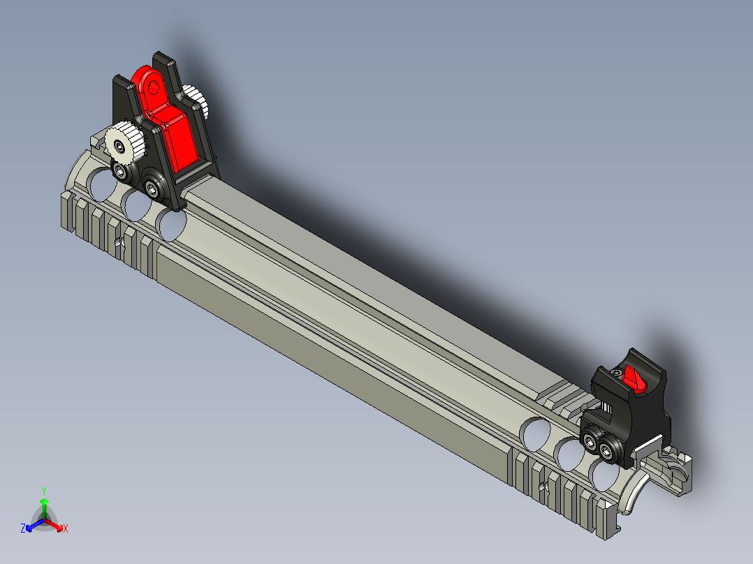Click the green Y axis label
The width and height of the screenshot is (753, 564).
click(43, 490)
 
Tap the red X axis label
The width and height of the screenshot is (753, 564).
click(66, 529)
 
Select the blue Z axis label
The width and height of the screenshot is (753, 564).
click(23, 529)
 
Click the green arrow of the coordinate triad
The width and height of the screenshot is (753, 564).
click(43, 504)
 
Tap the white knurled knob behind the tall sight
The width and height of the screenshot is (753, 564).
click(196, 101)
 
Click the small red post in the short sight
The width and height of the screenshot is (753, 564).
click(635, 378)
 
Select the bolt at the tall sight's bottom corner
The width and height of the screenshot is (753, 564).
click(152, 186)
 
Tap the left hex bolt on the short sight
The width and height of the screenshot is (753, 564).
click(591, 442)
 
